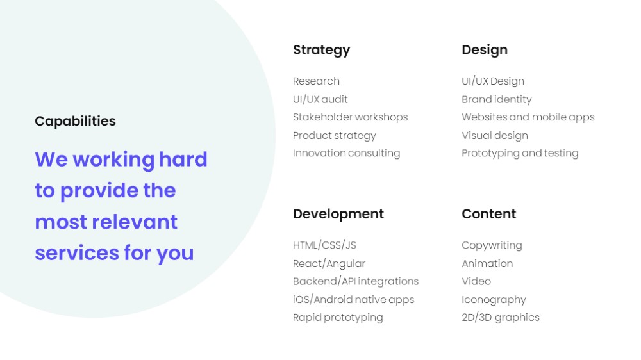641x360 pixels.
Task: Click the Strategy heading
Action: tap(321, 50)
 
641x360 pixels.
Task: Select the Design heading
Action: tap(485, 50)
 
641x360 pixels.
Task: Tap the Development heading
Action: tap(338, 215)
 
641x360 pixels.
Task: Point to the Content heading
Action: tap(488, 214)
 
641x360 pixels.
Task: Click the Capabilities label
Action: tap(75, 121)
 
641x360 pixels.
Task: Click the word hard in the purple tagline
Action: tap(183, 159)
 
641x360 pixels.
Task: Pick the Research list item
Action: tap(316, 81)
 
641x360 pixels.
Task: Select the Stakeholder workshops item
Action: tap(351, 117)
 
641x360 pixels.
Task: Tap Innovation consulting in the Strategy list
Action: tap(346, 153)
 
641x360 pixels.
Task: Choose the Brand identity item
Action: tap(496, 99)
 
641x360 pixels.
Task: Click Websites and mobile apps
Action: tap(528, 117)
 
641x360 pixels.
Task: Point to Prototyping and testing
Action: tap(520, 153)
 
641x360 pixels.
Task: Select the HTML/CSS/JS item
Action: tap(324, 245)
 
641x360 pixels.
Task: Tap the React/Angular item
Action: tap(329, 263)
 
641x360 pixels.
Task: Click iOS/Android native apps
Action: tap(353, 300)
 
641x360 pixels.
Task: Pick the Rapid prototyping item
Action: tap(338, 318)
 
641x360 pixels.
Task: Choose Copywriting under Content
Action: tap(492, 245)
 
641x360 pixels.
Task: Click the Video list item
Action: tap(476, 281)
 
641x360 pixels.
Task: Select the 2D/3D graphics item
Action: tap(501, 318)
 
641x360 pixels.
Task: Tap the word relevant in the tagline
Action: tap(135, 222)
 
